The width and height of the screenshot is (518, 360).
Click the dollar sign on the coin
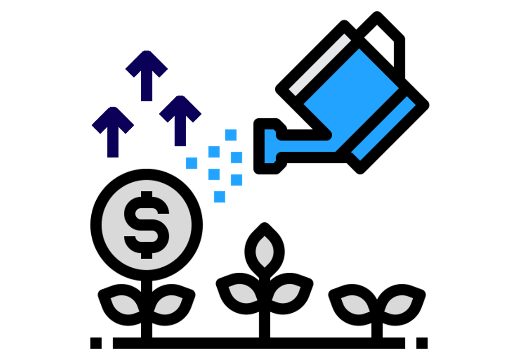click(147, 225)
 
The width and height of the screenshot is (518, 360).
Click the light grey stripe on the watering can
click(320, 64)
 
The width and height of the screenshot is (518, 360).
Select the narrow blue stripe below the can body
click(383, 128)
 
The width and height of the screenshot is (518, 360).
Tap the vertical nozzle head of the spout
click(270, 146)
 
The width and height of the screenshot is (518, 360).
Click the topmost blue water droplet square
click(231, 135)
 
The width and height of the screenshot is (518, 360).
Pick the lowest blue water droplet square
click(219, 197)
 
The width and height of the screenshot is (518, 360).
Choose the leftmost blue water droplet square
click(192, 163)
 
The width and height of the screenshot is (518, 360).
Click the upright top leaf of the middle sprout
click(265, 252)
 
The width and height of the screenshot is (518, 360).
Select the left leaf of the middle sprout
click(242, 293)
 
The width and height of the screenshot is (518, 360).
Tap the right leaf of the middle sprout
click(286, 293)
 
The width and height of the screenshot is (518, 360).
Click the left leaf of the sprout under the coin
click(125, 305)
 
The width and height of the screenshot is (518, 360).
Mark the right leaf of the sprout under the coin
click(168, 305)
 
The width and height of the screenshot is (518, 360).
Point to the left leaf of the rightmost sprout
click(355, 305)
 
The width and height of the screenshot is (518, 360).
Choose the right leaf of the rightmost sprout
click(398, 305)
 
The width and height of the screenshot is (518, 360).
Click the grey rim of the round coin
click(110, 225)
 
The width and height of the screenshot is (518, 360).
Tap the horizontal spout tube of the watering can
click(306, 146)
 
